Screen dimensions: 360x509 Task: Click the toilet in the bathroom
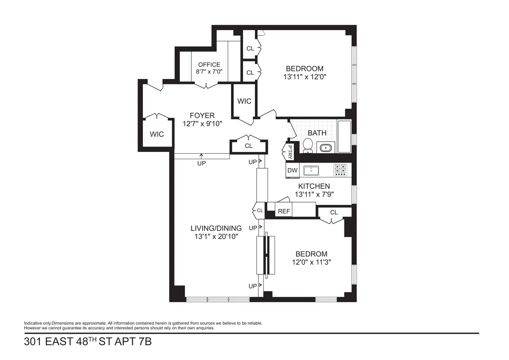pos(308,146)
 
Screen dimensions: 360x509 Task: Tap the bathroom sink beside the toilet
pos(326,148)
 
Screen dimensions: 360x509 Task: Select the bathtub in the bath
pos(344,137)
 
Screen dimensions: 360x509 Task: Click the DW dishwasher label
pos(292,171)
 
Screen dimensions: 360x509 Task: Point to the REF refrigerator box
pos(283,211)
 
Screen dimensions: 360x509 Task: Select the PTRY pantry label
pos(290,152)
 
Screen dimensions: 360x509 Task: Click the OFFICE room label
pos(209,65)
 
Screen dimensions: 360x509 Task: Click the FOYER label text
pos(202,115)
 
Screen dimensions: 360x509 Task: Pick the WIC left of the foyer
pos(157,134)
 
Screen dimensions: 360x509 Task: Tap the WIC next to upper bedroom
pos(244,101)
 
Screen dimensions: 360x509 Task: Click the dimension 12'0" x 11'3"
pos(311,262)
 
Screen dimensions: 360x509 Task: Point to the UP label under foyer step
pos(201,163)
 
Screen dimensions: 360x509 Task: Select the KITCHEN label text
pos(314,186)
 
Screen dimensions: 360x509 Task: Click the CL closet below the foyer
pos(249,146)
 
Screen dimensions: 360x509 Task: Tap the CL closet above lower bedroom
pos(334,212)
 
